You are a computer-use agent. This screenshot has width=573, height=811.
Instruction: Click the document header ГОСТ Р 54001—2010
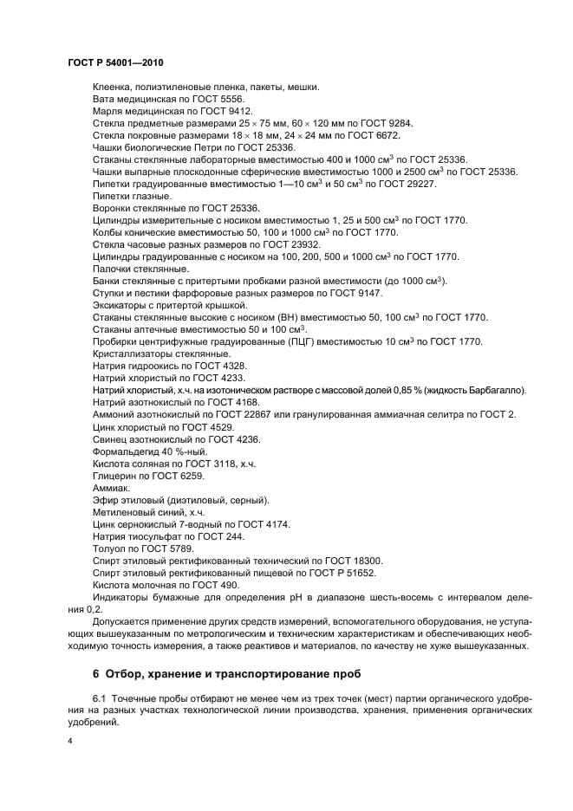[x=115, y=63]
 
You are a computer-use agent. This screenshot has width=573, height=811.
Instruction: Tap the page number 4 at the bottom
[x=70, y=743]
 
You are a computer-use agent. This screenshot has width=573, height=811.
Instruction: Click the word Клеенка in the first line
[x=113, y=87]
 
